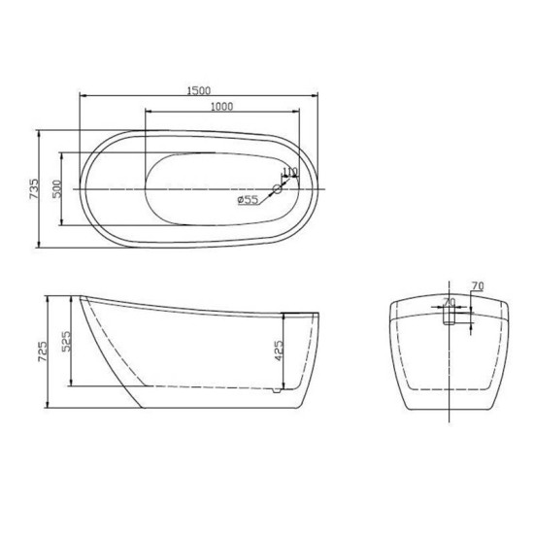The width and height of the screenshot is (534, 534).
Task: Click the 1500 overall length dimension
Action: [x=199, y=90]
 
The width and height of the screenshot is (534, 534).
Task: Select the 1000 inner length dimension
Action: [x=222, y=107]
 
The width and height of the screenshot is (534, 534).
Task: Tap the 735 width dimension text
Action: [x=34, y=188]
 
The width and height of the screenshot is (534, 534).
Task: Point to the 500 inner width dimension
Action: [x=57, y=188]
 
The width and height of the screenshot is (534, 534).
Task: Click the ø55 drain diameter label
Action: [x=248, y=200]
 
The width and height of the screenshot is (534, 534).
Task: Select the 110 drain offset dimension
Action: [x=290, y=172]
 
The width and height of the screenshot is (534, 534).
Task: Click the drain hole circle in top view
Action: [x=278, y=188]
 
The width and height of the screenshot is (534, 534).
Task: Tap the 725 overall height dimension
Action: [x=43, y=351]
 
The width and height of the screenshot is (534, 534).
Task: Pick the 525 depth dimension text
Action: [x=66, y=341]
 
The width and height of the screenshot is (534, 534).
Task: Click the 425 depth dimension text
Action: [x=279, y=350]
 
